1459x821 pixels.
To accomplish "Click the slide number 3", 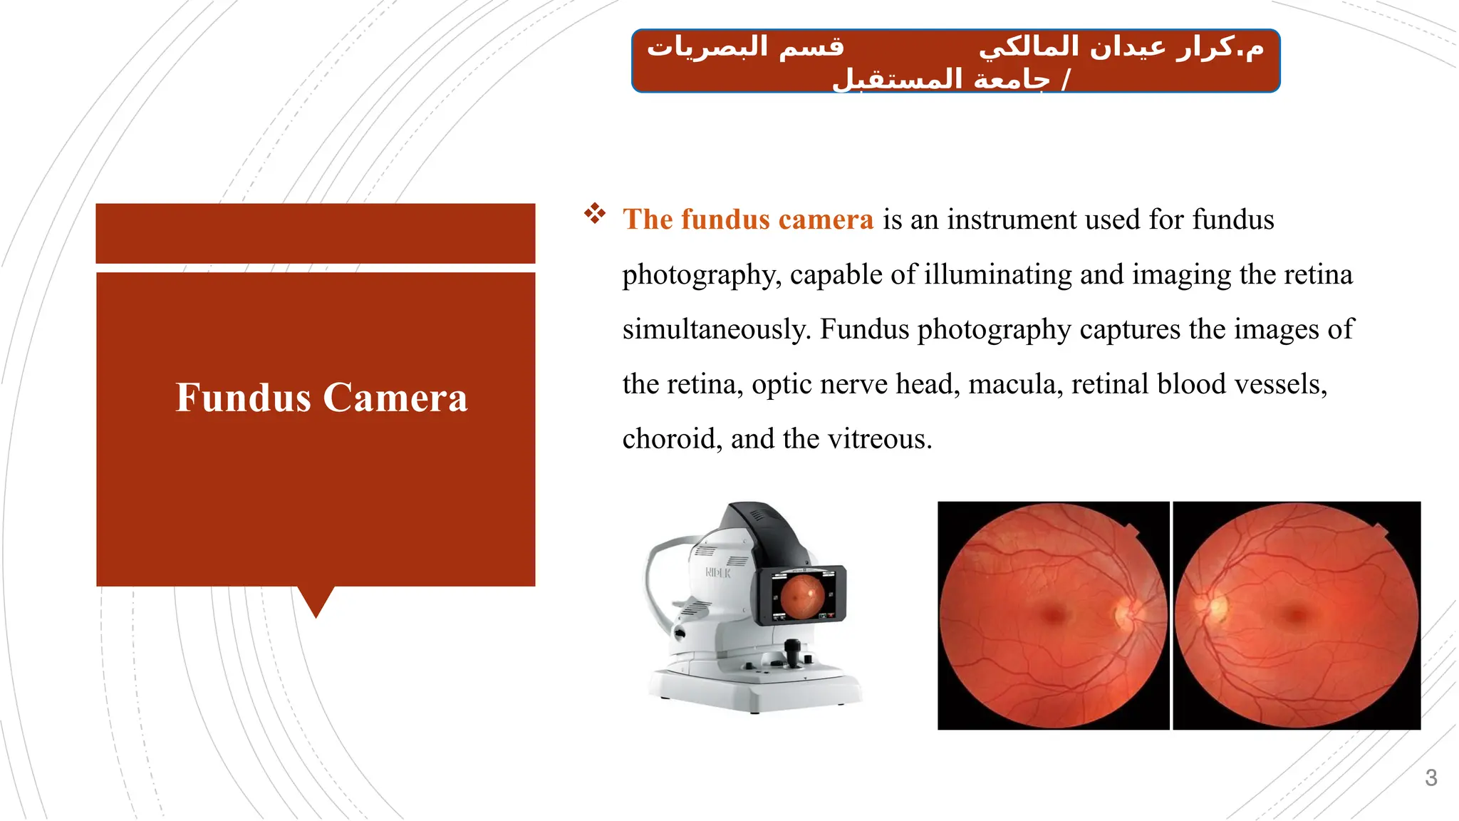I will [1431, 778].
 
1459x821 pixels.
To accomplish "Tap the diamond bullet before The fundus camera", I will [595, 213].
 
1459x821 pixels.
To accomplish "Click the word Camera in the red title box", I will [396, 398].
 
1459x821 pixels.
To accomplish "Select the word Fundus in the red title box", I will [243, 398].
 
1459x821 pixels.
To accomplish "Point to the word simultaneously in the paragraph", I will [717, 329].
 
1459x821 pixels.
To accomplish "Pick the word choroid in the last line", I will [668, 439].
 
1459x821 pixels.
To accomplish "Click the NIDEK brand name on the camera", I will [717, 572].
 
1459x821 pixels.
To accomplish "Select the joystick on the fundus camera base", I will [792, 652].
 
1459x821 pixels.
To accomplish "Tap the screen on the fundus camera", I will [803, 594].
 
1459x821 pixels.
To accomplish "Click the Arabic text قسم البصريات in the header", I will [745, 47].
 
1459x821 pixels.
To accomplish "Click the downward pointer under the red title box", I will [316, 601].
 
